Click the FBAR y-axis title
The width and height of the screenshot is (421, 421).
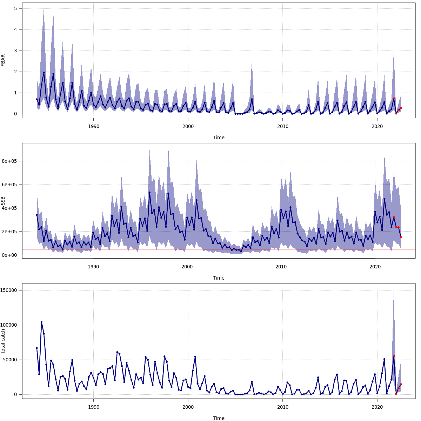3,60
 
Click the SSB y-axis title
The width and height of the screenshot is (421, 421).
3,201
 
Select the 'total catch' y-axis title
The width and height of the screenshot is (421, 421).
3,341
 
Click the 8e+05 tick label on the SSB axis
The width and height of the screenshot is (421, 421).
10,161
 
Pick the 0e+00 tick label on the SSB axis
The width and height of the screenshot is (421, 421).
10,255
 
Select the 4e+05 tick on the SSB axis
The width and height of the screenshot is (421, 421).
10,208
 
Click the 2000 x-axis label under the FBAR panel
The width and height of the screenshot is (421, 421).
188,126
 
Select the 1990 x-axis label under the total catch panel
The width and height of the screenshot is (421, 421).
94,407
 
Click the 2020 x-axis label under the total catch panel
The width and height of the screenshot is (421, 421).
377,407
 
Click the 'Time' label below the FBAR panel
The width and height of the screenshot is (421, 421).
219,138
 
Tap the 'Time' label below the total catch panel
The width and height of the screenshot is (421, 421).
219,418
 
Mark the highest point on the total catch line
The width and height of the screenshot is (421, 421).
41,322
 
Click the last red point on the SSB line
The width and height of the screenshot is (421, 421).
401,237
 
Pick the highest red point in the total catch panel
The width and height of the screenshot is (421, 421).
394,356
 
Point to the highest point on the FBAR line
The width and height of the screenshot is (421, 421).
44,72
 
